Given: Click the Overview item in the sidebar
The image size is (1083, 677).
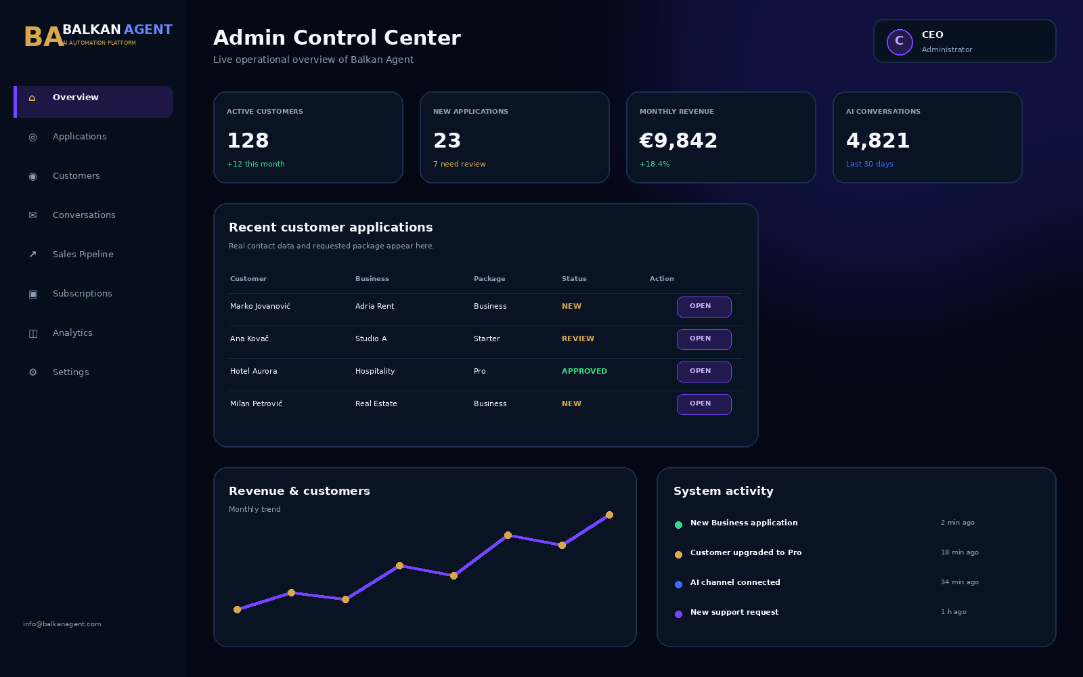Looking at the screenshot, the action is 93,102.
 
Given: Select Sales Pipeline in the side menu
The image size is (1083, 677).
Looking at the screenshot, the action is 83,255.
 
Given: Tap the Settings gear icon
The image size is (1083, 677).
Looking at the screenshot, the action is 33,372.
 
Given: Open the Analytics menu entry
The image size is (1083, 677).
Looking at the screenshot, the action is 72,332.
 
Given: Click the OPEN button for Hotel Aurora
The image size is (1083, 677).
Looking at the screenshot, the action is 704,372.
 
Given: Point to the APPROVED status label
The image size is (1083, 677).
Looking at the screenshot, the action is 584,372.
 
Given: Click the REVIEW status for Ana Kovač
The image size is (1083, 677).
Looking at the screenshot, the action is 578,339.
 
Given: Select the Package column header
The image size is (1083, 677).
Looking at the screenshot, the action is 489,279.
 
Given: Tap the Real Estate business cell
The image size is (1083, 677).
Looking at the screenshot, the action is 376,403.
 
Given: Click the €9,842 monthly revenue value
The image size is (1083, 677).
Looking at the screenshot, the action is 678,141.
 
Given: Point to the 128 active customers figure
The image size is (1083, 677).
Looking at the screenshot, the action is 248,141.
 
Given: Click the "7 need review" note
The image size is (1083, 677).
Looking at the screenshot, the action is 460,165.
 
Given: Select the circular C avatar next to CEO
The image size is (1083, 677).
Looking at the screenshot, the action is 900,42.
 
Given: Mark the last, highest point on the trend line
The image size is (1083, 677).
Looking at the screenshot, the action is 609,515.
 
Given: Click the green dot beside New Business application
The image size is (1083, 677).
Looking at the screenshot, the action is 678,525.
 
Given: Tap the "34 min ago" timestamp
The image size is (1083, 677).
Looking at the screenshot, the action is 959,582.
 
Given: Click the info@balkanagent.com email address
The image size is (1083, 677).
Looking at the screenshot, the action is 62,624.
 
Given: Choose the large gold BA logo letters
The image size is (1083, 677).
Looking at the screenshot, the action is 43,37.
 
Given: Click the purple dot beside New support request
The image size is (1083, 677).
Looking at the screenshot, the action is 678,615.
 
